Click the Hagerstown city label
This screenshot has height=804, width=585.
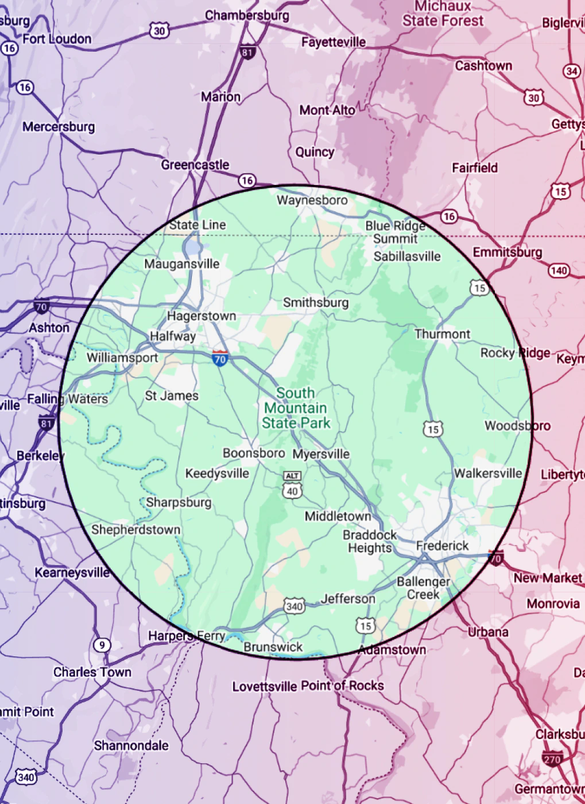(202, 316)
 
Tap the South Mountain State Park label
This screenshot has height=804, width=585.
(296, 408)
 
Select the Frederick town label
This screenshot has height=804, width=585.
(442, 546)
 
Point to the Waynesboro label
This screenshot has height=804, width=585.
(312, 200)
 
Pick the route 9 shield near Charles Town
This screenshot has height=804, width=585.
(102, 645)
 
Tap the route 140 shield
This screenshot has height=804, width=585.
(559, 270)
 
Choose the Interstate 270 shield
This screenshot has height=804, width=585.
(552, 759)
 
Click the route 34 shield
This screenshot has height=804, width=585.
(571, 71)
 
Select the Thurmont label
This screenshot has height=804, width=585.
(442, 334)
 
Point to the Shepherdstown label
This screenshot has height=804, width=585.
(135, 529)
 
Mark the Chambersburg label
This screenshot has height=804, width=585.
(247, 16)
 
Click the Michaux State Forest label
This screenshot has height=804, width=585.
(443, 14)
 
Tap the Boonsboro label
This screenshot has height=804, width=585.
(254, 453)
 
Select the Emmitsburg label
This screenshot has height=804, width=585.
(507, 252)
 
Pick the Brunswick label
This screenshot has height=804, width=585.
(273, 647)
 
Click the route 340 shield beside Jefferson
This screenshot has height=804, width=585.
(294, 606)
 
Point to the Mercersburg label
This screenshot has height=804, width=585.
(59, 126)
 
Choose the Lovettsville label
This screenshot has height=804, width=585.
(265, 686)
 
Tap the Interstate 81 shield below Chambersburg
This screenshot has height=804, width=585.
(247, 53)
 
